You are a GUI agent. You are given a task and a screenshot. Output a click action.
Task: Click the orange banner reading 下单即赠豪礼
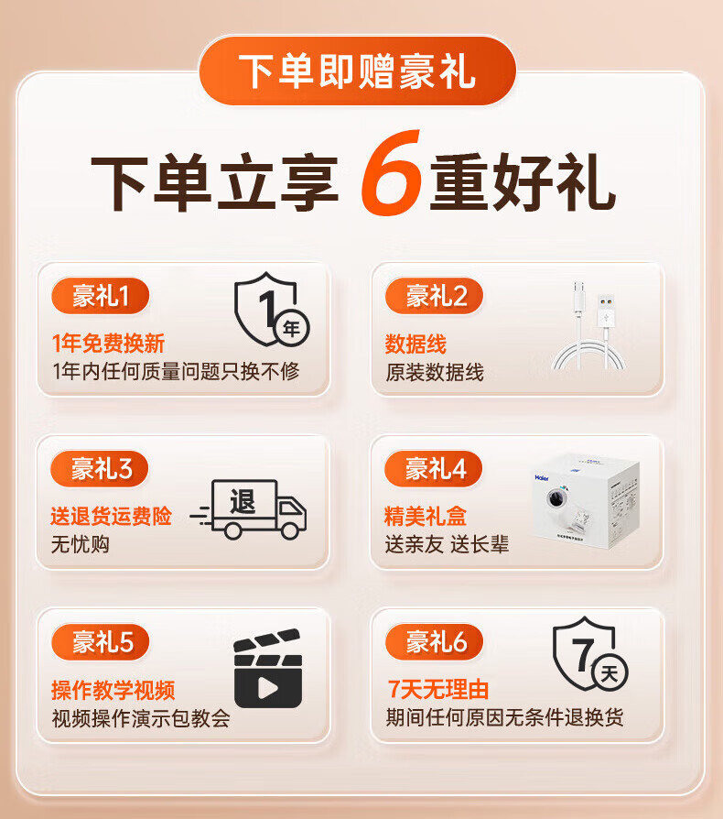tap(357, 71)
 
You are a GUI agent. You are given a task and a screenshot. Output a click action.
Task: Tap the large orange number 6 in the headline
tap(391, 172)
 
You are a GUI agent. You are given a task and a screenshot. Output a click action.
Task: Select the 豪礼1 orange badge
tap(100, 296)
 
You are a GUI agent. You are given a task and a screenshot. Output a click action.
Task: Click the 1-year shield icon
tap(271, 310)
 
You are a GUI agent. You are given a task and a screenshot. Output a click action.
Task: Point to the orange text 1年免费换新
tap(109, 344)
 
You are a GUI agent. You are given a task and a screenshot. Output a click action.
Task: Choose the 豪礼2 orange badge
tap(434, 296)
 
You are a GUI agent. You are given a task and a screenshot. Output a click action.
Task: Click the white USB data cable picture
tap(589, 325)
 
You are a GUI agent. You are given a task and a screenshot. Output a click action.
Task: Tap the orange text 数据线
tap(415, 344)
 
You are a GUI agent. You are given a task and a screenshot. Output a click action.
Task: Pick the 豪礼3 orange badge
tap(99, 468)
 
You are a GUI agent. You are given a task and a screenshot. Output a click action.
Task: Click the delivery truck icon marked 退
tap(249, 509)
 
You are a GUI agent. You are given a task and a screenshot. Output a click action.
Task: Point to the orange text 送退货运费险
tap(111, 516)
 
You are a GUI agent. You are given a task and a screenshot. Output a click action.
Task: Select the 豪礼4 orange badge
tap(433, 468)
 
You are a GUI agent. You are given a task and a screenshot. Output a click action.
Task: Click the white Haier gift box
tap(586, 501)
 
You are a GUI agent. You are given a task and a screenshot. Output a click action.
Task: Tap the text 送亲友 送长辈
tap(447, 544)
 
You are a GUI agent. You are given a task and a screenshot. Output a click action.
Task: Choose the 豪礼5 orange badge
tap(100, 642)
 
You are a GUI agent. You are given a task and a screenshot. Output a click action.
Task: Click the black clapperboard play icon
tap(268, 668)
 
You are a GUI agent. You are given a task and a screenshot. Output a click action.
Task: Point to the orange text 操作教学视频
tap(113, 690)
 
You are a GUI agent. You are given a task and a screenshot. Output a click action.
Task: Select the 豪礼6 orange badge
tap(434, 642)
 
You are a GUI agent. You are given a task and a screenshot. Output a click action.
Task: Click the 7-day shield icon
tap(590, 654)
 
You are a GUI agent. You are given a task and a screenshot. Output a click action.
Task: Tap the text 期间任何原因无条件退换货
tap(504, 717)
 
